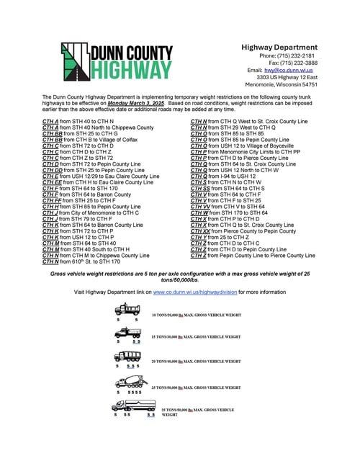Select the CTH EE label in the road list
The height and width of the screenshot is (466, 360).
click(x=52, y=184)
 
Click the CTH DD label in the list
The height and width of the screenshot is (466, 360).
click(x=53, y=169)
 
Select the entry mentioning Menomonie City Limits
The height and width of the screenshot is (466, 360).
click(x=245, y=153)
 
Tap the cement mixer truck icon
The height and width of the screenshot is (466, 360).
click(x=130, y=382)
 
